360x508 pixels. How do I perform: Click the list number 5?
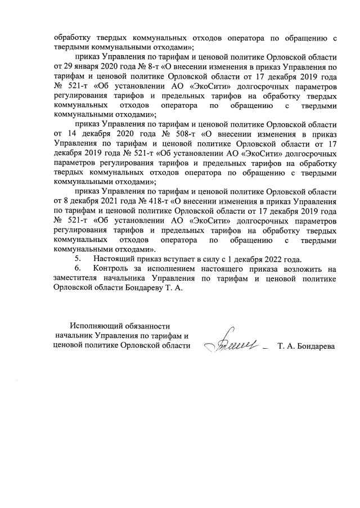tap(79, 259)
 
